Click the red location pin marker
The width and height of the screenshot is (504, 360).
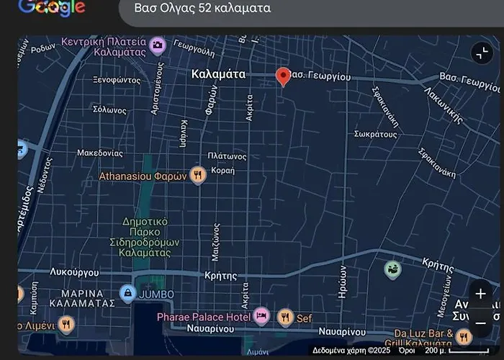click(283, 76)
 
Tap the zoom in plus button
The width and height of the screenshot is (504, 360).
click(480, 294)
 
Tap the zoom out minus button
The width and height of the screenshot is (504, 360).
click(480, 323)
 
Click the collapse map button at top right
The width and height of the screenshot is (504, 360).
click(481, 53)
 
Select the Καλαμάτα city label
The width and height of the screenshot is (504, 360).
click(219, 74)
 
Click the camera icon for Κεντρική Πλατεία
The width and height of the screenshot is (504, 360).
click(158, 47)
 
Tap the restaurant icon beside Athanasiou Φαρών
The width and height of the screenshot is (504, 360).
click(198, 175)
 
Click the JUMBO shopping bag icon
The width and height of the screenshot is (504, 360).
click(127, 293)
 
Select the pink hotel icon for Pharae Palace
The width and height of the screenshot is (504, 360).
click(261, 316)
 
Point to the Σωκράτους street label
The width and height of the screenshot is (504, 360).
click(376, 134)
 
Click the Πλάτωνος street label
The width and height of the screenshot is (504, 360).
click(227, 156)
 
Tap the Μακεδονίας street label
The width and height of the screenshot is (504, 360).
click(100, 153)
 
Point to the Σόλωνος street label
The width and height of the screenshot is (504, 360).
click(109, 110)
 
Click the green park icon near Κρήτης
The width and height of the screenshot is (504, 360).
click(392, 270)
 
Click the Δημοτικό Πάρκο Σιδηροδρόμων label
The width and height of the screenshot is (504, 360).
click(145, 237)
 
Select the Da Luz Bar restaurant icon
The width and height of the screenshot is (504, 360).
click(464, 336)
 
